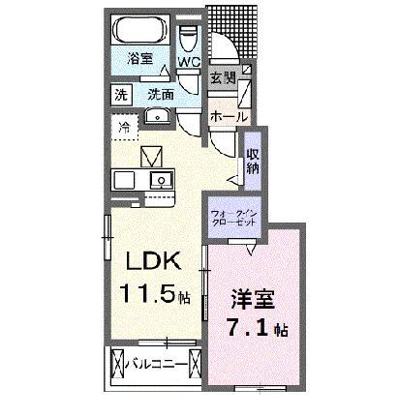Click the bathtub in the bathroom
point(144,30)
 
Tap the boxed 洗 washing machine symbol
point(121,95)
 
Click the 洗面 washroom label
point(162,95)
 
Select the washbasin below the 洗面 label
point(156,117)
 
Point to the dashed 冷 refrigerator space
point(124,127)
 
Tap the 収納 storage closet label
point(252,160)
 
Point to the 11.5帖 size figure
point(152,292)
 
